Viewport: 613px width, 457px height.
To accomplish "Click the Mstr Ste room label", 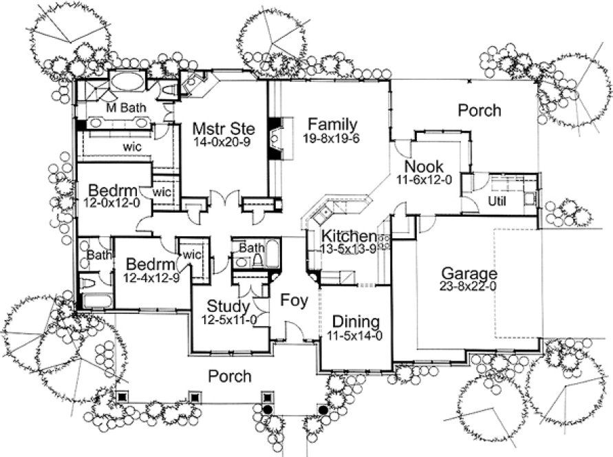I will pos(214,129).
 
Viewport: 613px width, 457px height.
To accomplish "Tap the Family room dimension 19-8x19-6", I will pos(332,138).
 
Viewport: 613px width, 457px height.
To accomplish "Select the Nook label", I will pos(423,167).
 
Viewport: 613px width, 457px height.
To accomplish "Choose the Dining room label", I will pos(356,322).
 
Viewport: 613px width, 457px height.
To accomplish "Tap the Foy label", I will pos(292,301).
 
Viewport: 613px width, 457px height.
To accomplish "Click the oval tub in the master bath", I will pos(127,81).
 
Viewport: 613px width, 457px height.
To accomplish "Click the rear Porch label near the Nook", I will pos(480,110).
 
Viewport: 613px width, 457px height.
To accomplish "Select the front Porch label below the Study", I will pos(230,376).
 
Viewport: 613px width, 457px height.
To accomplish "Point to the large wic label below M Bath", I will pos(133,147).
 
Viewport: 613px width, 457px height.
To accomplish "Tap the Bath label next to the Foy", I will pos(252,247).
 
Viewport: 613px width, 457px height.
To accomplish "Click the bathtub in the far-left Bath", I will pos(97,300).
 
